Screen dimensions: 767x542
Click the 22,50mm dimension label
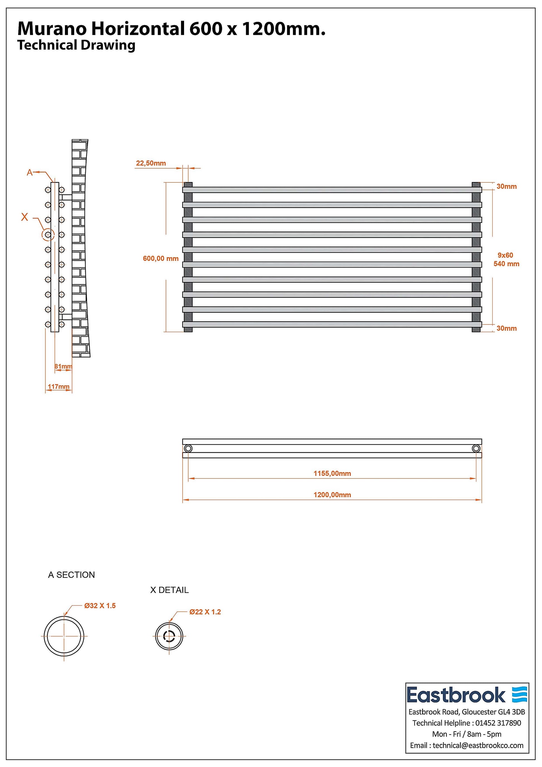(x=151, y=163)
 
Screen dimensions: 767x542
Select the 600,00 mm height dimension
(x=161, y=258)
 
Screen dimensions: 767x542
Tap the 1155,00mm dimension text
(x=332, y=473)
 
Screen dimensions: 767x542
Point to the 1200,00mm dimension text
(x=332, y=495)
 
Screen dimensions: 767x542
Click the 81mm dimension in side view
(x=63, y=366)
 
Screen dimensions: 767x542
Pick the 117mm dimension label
(x=58, y=386)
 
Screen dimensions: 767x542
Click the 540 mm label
(x=506, y=264)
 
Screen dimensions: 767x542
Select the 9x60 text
(x=505, y=255)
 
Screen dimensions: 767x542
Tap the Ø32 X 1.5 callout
(x=100, y=606)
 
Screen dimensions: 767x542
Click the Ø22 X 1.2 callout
(x=205, y=612)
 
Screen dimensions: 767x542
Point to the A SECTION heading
(x=72, y=574)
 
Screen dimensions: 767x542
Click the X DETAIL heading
(x=169, y=590)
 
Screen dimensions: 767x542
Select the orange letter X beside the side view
(x=25, y=217)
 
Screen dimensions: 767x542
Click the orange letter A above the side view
(x=30, y=172)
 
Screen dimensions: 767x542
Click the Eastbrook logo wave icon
(x=520, y=695)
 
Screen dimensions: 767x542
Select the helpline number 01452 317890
(x=498, y=723)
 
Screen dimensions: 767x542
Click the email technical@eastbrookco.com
(x=478, y=745)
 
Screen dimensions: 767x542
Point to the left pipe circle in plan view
(x=188, y=448)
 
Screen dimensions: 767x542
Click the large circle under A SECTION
(x=64, y=636)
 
